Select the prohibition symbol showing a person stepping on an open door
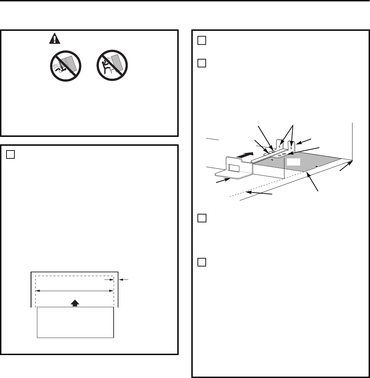[x=65, y=66]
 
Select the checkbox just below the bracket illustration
[x=202, y=218]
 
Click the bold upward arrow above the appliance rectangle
[x=76, y=303]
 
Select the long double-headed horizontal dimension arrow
[x=75, y=291]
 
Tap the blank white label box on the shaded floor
[x=293, y=162]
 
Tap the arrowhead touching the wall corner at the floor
[x=350, y=162]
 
